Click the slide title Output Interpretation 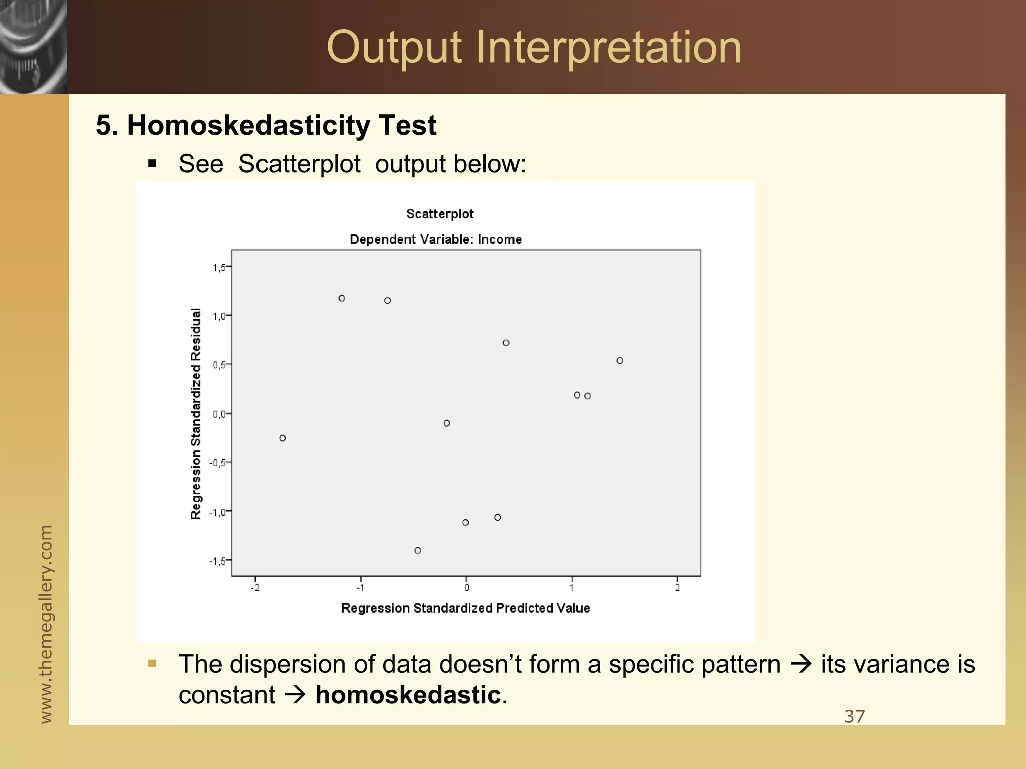[x=534, y=48]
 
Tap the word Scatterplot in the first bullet [x=299, y=164]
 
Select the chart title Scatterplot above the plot [x=440, y=214]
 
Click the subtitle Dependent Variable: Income [x=435, y=239]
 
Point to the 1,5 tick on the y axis [x=219, y=268]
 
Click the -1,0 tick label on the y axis [x=217, y=512]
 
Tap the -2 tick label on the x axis [x=255, y=588]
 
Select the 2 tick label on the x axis [x=677, y=588]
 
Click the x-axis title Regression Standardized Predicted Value [x=465, y=608]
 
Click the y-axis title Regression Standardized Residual [x=196, y=414]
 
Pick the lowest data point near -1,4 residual [x=418, y=550]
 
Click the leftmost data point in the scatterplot [x=283, y=438]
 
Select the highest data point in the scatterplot [x=342, y=298]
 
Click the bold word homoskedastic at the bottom [x=408, y=695]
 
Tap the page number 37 [x=854, y=716]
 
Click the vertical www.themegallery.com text [x=46, y=623]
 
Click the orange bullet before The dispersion [x=152, y=664]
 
